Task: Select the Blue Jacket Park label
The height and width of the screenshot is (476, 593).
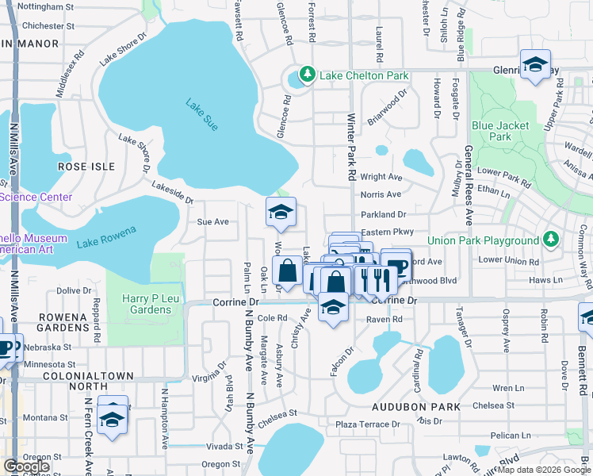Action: (492, 131)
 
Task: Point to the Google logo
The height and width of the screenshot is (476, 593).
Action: (26, 466)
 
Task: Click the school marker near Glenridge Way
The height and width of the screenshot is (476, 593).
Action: (535, 67)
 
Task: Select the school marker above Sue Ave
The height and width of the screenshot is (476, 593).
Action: (280, 213)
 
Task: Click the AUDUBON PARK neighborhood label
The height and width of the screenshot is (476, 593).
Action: (416, 406)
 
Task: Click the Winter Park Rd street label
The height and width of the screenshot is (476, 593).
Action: (350, 144)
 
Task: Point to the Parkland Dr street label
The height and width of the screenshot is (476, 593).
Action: (383, 214)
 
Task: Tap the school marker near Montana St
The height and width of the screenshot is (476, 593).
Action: (113, 419)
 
